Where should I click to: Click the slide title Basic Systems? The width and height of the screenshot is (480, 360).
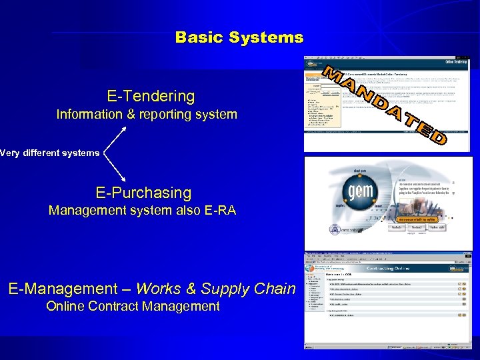pyautogui.click(x=239, y=37)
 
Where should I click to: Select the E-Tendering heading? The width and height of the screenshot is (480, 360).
pyautogui.click(x=151, y=96)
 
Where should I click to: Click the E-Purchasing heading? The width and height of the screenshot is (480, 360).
pyautogui.click(x=143, y=193)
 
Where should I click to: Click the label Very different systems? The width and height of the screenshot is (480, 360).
pyautogui.click(x=50, y=153)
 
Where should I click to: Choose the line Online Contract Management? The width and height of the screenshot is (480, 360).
pyautogui.click(x=133, y=307)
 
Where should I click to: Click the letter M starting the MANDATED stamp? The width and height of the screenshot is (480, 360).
pyautogui.click(x=334, y=73)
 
